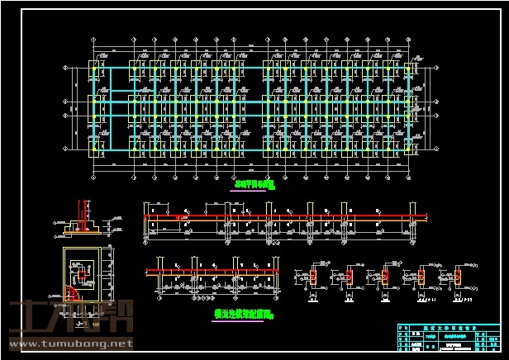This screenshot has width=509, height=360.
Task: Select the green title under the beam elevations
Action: click(243, 314)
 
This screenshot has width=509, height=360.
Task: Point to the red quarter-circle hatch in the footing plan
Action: click(74, 291)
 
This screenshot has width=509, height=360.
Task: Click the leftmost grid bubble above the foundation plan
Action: click(93, 38)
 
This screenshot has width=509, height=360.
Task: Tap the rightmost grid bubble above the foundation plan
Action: click(411, 38)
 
